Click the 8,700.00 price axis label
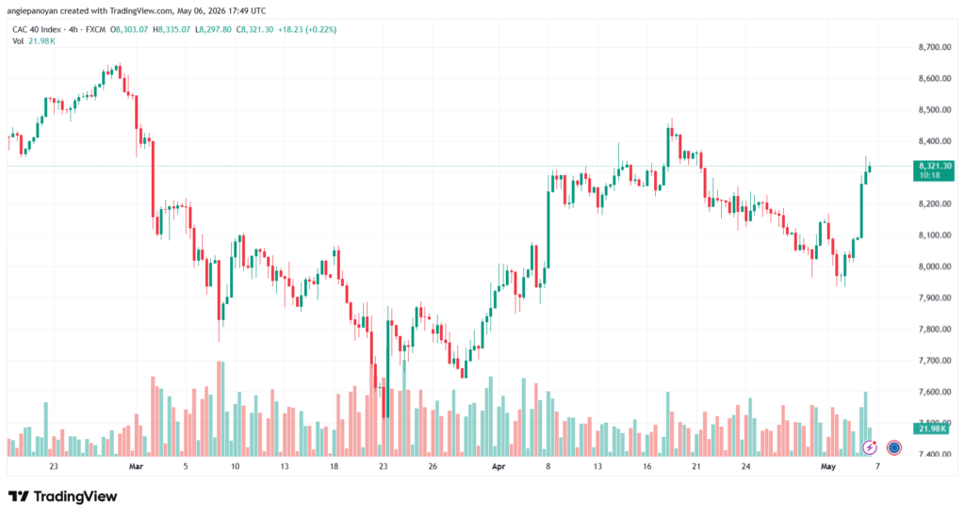coord(935,47)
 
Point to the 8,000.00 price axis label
coord(935,267)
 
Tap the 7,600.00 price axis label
coord(935,392)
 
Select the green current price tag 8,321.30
coord(934,170)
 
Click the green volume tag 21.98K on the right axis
coord(934,428)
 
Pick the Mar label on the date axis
coord(136,466)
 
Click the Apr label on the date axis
coord(499,466)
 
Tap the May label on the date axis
coord(828,466)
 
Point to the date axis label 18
coord(334,466)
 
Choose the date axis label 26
coord(433,466)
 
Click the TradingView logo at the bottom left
coord(63,496)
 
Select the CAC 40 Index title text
coord(37,29)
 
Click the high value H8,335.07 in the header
coord(172,29)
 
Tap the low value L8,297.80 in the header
coord(213,29)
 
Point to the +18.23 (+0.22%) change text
coord(307,29)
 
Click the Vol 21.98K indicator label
coord(34,41)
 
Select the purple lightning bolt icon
coord(869,447)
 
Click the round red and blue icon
coord(893,447)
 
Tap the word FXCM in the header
coord(95,29)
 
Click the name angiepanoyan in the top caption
coord(32,11)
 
